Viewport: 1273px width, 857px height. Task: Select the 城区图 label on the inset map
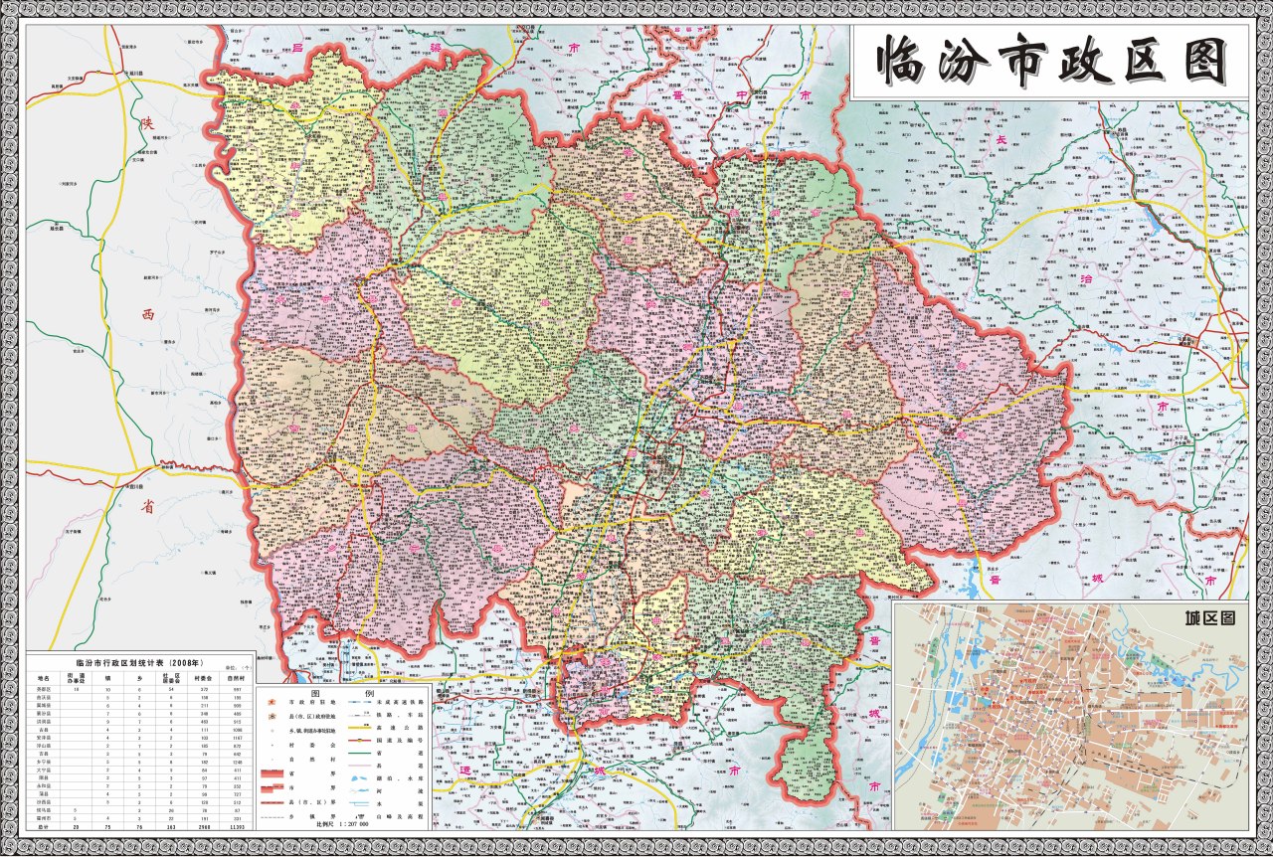(1208, 617)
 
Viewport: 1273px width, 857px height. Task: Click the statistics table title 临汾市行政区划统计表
(139, 662)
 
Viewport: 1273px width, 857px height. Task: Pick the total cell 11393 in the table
(236, 826)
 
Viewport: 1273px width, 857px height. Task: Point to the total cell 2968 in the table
(203, 826)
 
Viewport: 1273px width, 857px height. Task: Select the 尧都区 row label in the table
(44, 689)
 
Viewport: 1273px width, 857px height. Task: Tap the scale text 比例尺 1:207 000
(342, 824)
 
